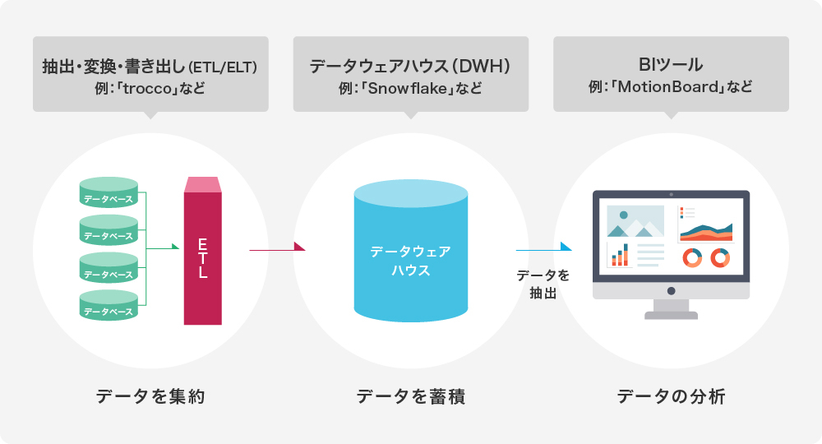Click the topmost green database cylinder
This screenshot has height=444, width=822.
click(x=108, y=192)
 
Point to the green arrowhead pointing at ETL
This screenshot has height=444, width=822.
click(x=174, y=246)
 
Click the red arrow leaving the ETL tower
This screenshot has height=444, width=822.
click(x=276, y=246)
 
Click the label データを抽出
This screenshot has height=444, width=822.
click(x=543, y=283)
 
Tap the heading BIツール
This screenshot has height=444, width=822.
click(x=671, y=64)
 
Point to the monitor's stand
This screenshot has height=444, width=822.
click(x=671, y=309)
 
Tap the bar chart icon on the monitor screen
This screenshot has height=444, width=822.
click(x=618, y=256)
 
